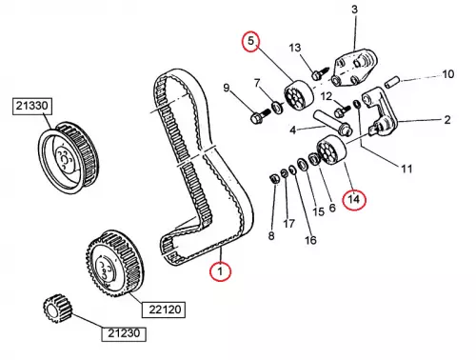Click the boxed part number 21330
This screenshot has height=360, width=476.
[32, 106]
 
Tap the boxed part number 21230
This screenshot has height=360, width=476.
[124, 333]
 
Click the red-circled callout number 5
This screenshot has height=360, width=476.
[250, 41]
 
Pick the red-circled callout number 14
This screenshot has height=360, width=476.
[354, 199]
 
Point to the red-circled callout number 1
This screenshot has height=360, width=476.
[220, 271]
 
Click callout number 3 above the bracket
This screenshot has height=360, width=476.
[354, 10]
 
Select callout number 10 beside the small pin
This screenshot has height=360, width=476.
[447, 74]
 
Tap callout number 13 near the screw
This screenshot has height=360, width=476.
[295, 48]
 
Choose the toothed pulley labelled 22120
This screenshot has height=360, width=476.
[115, 264]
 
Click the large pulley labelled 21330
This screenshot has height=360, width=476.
[69, 158]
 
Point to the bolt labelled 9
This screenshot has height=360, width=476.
[260, 116]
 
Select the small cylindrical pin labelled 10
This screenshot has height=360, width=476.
[392, 81]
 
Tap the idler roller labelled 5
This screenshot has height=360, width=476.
[298, 96]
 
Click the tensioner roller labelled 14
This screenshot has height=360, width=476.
[331, 150]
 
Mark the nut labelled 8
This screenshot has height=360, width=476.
[273, 179]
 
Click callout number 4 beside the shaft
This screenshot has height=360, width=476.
[292, 130]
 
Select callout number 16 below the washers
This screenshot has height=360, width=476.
[310, 240]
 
